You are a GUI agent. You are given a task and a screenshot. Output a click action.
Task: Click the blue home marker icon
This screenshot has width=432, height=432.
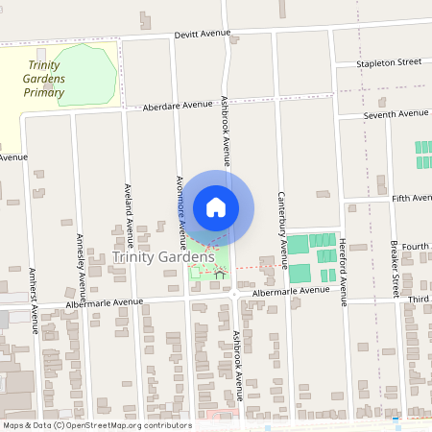click(216, 207)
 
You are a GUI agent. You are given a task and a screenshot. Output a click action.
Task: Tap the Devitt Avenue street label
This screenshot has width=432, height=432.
click(203, 34)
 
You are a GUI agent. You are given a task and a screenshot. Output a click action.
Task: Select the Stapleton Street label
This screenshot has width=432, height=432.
click(389, 62)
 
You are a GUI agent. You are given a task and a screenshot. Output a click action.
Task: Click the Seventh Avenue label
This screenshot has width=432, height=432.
click(396, 114)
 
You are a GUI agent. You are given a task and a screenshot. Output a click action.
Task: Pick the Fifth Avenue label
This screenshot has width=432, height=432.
click(412, 199)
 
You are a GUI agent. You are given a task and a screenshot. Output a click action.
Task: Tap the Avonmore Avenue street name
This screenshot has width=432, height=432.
click(180, 204)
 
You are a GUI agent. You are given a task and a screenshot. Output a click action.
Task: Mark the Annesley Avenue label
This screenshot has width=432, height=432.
click(82, 266)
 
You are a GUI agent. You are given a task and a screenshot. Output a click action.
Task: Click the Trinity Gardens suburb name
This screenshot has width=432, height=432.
click(163, 257)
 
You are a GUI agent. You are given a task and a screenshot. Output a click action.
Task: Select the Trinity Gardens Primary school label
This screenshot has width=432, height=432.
click(45, 80)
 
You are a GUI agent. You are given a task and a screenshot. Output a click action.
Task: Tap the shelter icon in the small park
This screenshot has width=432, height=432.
click(220, 275)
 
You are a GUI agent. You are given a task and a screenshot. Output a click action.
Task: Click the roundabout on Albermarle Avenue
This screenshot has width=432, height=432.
click(234, 295)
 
